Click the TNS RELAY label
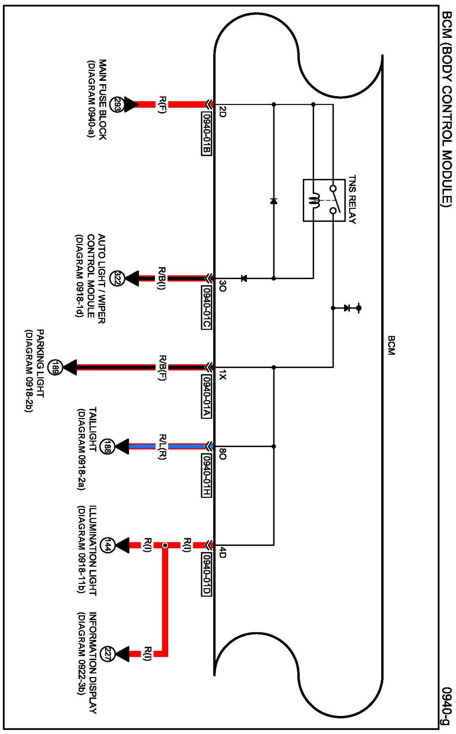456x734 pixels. (x=352, y=199)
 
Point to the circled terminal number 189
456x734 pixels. (x=55, y=367)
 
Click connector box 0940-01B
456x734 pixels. (x=207, y=133)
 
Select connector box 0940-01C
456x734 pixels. (x=207, y=307)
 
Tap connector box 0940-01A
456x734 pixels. (x=207, y=396)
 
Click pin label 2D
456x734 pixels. (x=222, y=112)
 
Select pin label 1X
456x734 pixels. (x=222, y=375)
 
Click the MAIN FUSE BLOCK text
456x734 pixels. (x=103, y=100)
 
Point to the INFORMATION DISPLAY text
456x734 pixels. (x=93, y=663)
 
